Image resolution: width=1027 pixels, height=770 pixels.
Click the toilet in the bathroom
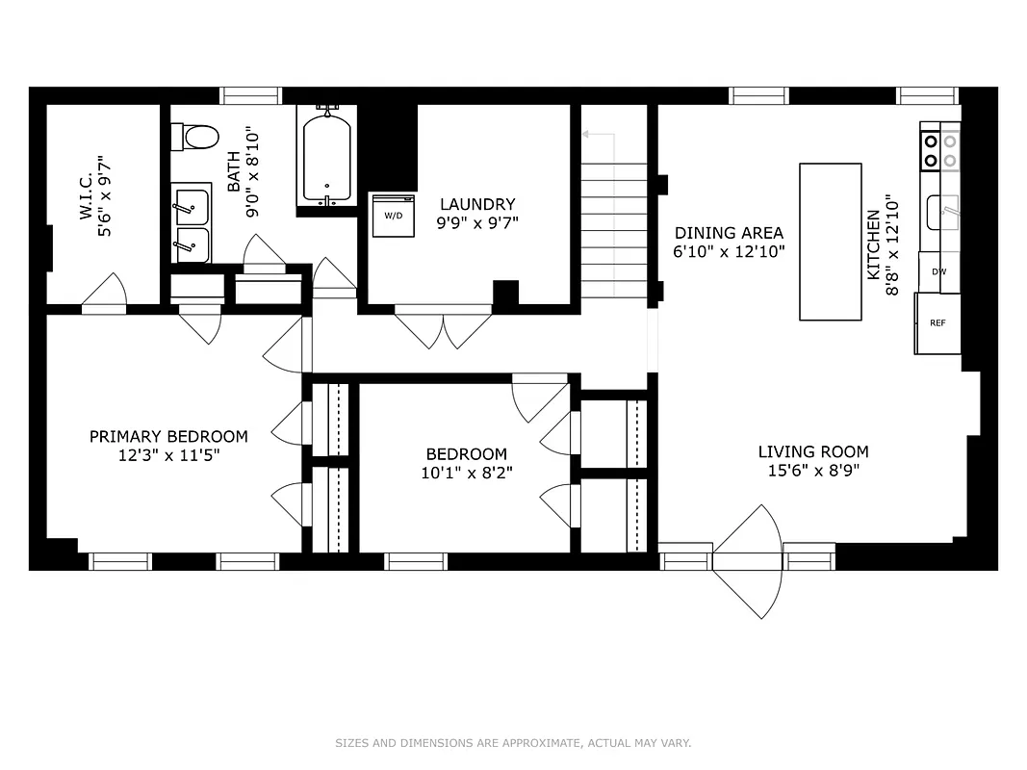[x=196, y=137]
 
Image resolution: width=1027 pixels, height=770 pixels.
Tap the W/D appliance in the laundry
[x=394, y=215]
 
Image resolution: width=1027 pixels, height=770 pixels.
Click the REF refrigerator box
[x=937, y=323]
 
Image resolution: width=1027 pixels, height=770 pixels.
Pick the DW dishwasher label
[x=938, y=271]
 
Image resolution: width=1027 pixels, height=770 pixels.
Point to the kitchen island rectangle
[x=830, y=241]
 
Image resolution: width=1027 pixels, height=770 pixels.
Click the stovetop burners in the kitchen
[x=940, y=149]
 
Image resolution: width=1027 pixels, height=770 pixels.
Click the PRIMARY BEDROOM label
[x=168, y=436]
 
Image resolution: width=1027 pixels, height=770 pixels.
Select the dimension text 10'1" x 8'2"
[x=466, y=473]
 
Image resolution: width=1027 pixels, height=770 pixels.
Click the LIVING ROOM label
[x=812, y=451]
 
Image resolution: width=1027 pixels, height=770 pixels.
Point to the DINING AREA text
[x=728, y=233]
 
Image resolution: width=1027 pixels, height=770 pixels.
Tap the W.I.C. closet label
[x=86, y=197]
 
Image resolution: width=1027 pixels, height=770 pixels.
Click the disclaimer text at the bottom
[x=513, y=743]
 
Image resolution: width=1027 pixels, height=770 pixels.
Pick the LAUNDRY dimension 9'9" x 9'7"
[x=477, y=222]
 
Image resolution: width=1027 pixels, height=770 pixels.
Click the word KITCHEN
[x=873, y=245]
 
